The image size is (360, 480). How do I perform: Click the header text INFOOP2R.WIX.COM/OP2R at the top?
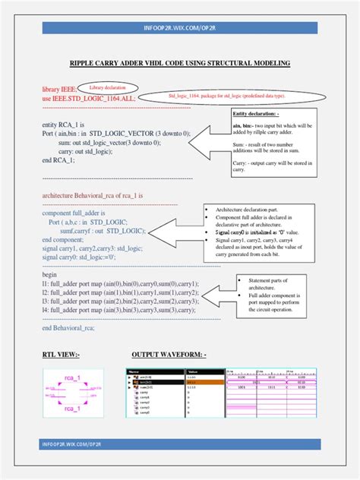point(179,28)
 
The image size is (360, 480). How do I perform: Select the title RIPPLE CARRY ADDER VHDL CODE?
point(180,64)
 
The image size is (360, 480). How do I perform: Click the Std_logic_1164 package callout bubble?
point(216,96)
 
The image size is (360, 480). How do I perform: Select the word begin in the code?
point(50,275)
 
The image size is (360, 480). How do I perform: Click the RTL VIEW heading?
point(61,355)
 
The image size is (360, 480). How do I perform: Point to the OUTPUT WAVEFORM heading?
point(169,355)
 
